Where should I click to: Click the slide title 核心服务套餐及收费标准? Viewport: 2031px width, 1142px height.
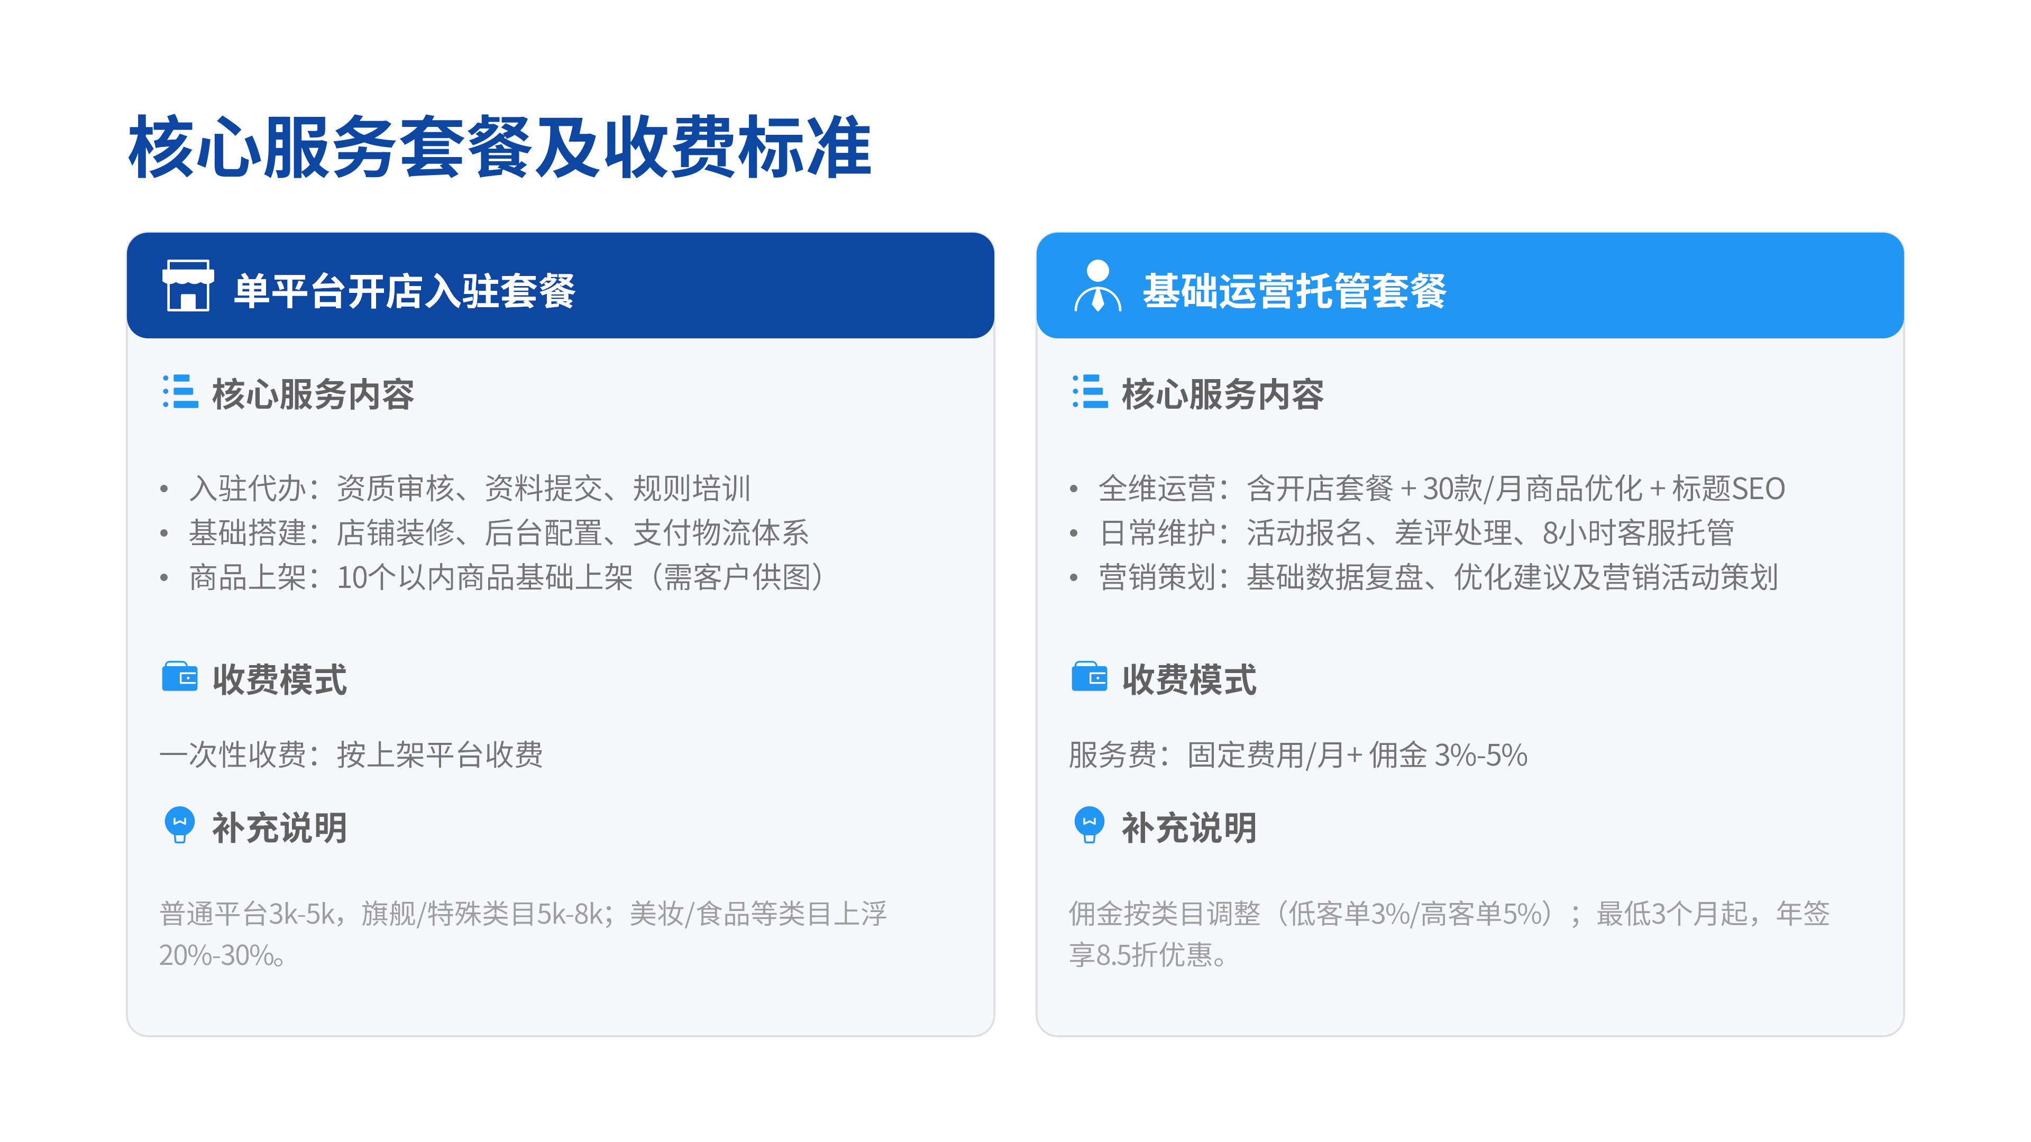coord(500,146)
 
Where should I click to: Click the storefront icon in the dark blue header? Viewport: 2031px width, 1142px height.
coord(188,285)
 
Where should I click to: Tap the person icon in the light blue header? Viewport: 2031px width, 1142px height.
coord(1097,285)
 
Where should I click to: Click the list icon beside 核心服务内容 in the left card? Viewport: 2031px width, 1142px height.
coord(180,392)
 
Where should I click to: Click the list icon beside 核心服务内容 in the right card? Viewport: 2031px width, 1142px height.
coord(1090,392)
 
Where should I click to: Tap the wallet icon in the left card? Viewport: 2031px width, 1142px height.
coord(180,676)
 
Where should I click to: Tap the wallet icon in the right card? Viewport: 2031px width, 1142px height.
coord(1090,676)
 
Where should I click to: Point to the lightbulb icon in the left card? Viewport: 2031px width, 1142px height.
coord(180,824)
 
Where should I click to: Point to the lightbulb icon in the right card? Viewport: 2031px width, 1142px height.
coord(1090,824)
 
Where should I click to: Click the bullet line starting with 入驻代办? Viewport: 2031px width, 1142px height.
coord(470,489)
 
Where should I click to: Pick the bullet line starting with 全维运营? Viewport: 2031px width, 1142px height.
coord(1442,489)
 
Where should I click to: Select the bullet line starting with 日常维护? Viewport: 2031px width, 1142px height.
coord(1416,533)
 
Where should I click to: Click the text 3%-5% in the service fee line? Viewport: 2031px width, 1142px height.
coord(1481,755)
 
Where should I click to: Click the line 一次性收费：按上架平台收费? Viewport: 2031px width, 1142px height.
coord(351,755)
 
